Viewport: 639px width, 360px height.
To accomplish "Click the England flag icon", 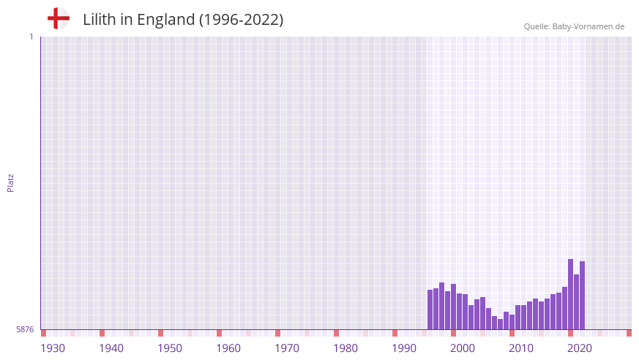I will tap(59, 18).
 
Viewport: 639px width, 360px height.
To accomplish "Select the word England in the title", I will tap(165, 20).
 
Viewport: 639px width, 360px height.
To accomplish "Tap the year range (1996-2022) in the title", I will tap(241, 20).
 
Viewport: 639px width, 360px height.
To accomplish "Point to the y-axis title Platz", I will tap(10, 183).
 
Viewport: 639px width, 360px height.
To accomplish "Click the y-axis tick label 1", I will tap(31, 37).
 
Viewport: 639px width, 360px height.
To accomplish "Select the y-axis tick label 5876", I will tap(25, 330).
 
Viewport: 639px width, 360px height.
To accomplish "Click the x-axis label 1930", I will tap(53, 348).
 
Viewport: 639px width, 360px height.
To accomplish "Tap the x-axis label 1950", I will tap(170, 348).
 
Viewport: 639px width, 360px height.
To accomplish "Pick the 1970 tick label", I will tap(287, 348).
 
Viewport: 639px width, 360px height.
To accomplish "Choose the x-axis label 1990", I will tap(404, 348).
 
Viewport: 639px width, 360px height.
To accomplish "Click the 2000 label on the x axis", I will tap(463, 348).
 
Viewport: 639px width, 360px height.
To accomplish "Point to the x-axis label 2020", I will tap(580, 348).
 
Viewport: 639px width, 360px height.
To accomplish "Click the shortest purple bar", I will tap(501, 324).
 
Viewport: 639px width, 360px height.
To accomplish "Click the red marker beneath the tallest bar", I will tap(571, 333).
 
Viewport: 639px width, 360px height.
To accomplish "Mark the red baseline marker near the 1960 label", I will tap(220, 333).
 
